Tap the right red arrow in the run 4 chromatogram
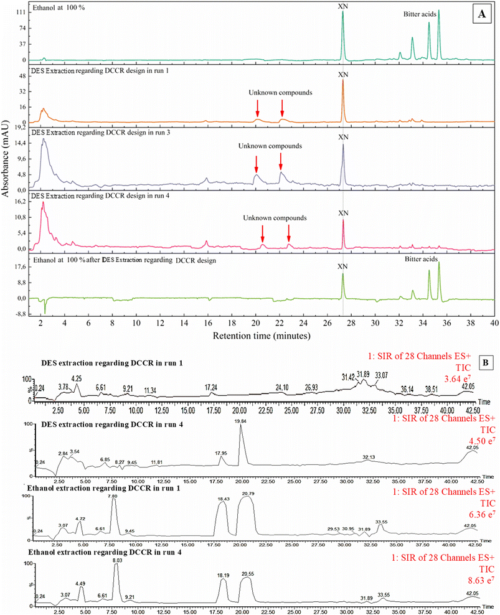[x=289, y=233]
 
